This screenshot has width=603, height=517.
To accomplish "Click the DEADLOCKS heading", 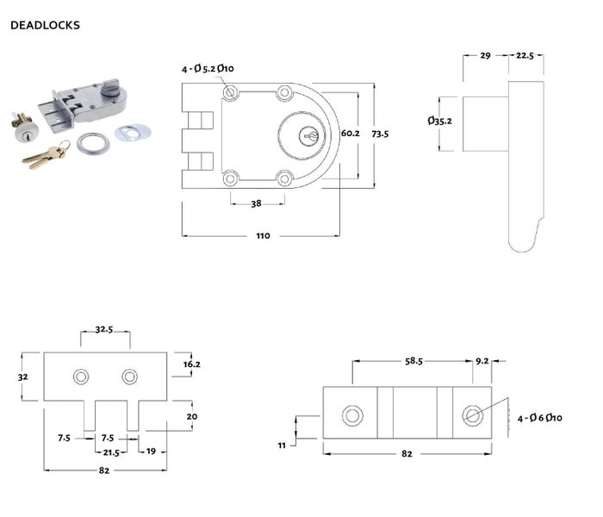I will pos(45,25).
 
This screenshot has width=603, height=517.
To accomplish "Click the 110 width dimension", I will pos(262,235).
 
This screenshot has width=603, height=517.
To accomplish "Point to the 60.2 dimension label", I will pos(351,134).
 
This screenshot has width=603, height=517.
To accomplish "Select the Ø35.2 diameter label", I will pos(439,121).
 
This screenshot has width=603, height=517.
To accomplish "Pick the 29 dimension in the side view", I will pos(485,55).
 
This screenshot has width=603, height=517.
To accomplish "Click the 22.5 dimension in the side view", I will pos(525,55).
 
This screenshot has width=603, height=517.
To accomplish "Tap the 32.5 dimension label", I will pos(105,329).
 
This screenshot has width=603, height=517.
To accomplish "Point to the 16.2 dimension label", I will pos(191,364).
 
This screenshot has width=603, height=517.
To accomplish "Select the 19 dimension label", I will pos(151,451).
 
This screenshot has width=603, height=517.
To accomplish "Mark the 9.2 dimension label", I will pos(483,363).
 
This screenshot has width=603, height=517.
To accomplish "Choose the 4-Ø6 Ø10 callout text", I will pos(539,418).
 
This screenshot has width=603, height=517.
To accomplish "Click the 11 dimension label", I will pos(282,445).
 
